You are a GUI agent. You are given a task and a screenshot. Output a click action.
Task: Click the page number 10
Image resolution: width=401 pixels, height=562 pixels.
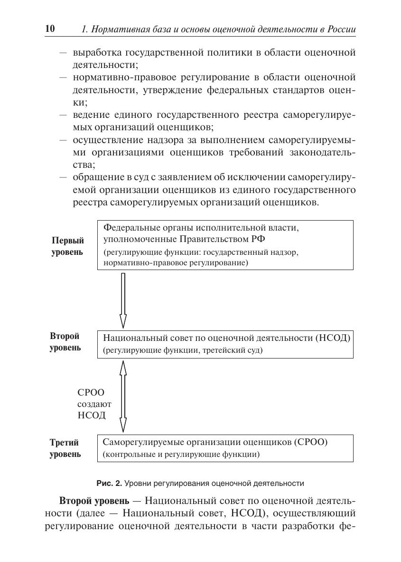pyautogui.click(x=50, y=29)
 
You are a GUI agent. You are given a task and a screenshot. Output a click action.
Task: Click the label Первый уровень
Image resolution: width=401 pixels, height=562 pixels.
pyautogui.click(x=67, y=246)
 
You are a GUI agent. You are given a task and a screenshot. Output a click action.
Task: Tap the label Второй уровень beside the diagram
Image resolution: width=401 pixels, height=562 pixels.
pyautogui.click(x=65, y=342)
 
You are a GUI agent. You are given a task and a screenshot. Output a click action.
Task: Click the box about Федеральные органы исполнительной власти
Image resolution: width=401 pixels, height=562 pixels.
pyautogui.click(x=225, y=245)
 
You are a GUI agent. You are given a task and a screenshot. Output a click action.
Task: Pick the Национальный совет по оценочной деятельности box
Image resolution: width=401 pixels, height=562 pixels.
pyautogui.click(x=225, y=344)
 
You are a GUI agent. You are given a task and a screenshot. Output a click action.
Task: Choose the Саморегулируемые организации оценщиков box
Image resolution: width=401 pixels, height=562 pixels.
pyautogui.click(x=225, y=448)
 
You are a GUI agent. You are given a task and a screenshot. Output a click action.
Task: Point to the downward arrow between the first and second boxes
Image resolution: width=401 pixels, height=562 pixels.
pyautogui.click(x=123, y=300)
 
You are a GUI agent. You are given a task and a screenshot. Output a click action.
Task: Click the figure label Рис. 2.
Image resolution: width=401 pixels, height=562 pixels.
pyautogui.click(x=109, y=484)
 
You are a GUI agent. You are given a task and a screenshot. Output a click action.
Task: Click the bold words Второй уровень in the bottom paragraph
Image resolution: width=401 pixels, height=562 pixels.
pyautogui.click(x=94, y=501)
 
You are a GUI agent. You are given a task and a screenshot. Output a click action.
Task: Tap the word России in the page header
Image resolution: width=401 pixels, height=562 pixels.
pyautogui.click(x=341, y=29)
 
